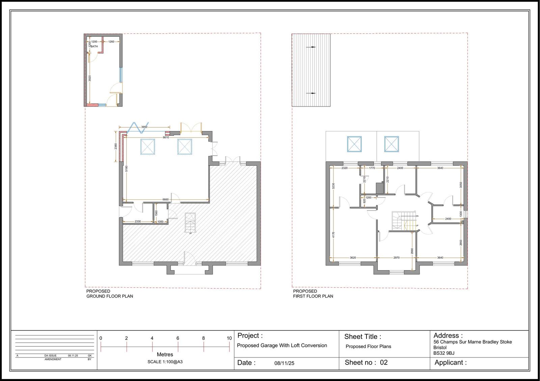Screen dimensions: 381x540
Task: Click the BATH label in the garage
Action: coord(94,46)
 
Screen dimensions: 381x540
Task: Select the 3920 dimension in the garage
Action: coord(90,78)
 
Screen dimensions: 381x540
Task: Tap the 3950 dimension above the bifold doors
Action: coord(144,127)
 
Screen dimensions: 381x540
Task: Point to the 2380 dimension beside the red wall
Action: coord(116,147)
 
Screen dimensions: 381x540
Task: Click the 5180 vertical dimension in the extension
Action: coord(127,168)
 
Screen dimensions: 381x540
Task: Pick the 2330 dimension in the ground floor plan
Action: coord(138,222)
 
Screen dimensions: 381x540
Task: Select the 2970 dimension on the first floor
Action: coord(397,258)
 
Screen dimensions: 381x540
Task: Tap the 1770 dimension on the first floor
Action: coord(372,168)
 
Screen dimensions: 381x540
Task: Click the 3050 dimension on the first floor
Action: coord(461,185)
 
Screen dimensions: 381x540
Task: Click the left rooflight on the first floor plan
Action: coord(354,144)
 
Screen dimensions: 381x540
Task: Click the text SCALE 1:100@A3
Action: coord(165,362)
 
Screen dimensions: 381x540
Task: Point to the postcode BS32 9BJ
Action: coord(444,353)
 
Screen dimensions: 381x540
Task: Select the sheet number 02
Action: coord(384,362)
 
